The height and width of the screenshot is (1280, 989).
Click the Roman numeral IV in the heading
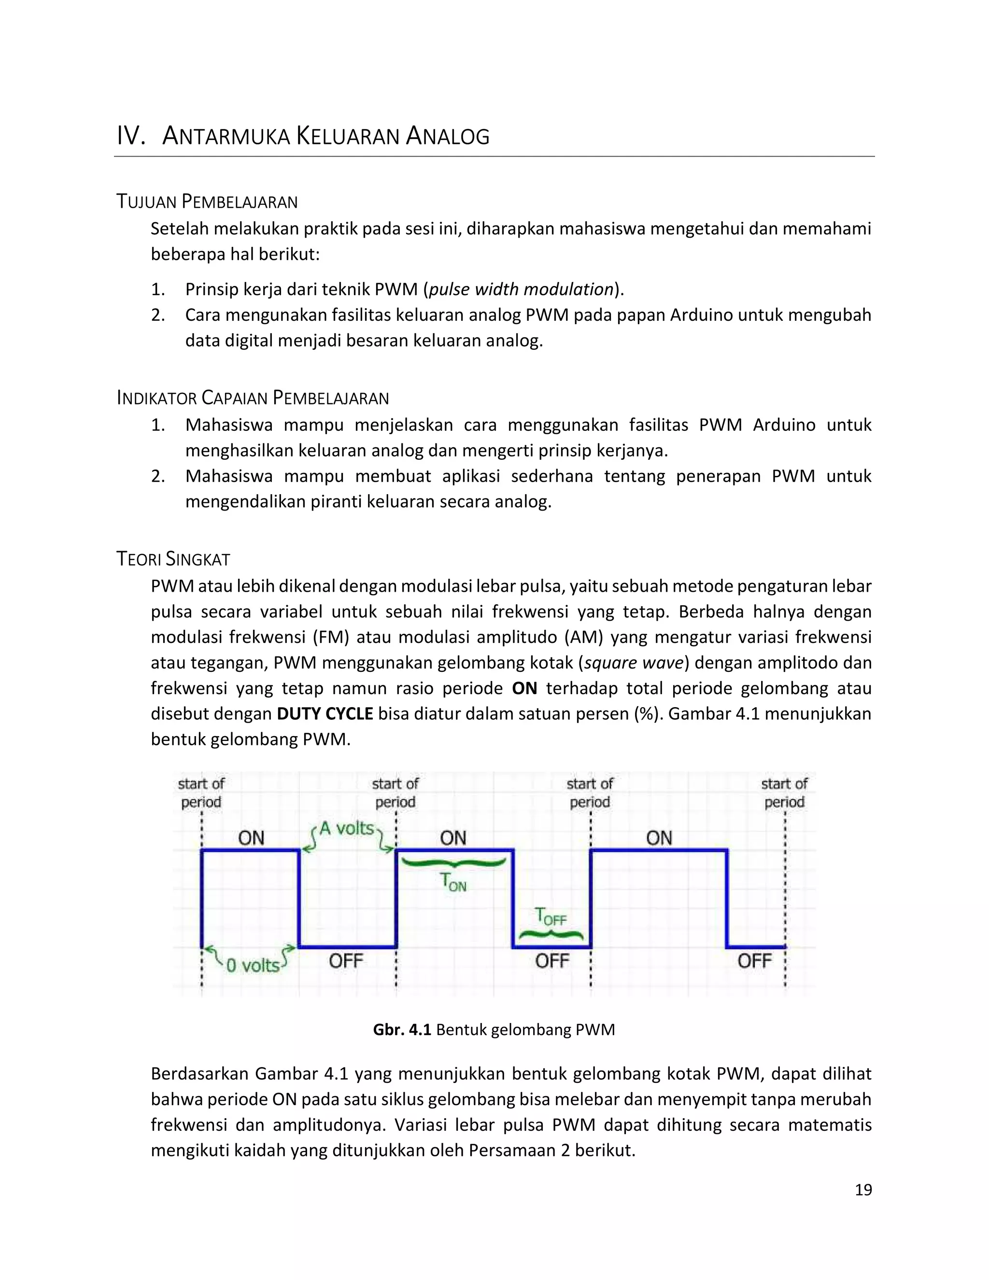tap(130, 136)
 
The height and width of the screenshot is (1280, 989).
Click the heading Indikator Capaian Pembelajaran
tap(253, 398)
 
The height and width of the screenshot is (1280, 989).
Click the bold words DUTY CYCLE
tap(325, 713)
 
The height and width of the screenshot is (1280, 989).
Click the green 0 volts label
tap(253, 965)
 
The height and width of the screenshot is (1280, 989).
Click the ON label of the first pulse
tap(251, 838)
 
